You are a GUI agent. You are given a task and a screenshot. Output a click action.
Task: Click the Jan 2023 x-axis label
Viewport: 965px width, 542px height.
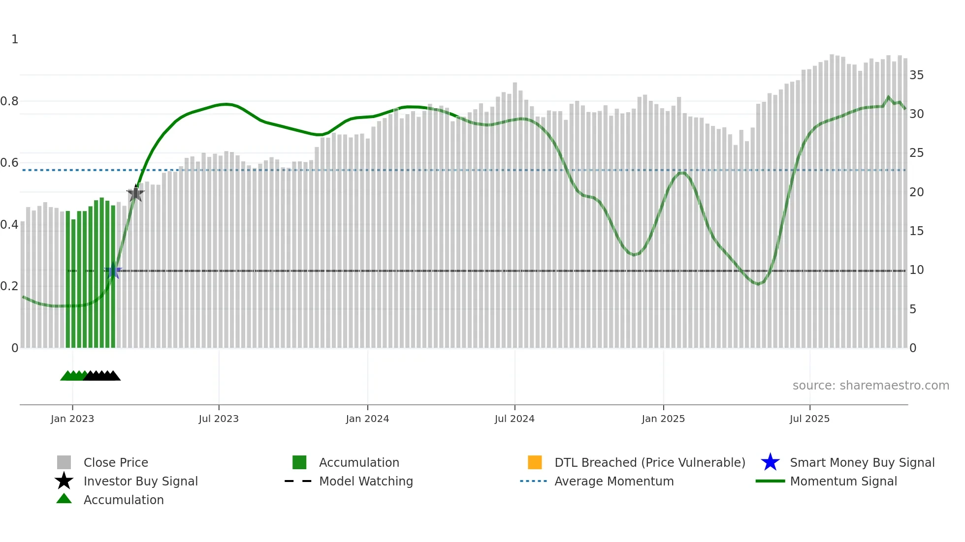click(x=72, y=419)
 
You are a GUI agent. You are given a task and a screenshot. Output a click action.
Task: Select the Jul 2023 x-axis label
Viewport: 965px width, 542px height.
click(x=219, y=419)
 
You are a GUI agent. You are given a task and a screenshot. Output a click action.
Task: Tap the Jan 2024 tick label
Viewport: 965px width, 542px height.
click(x=367, y=419)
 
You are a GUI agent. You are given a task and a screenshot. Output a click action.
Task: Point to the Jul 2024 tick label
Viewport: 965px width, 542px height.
click(x=515, y=419)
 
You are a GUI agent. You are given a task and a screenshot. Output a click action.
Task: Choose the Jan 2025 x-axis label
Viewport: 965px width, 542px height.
click(x=663, y=419)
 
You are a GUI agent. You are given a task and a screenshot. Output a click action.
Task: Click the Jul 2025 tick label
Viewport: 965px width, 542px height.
click(x=809, y=419)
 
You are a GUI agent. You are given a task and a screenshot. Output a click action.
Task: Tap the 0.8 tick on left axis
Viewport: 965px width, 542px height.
click(x=9, y=101)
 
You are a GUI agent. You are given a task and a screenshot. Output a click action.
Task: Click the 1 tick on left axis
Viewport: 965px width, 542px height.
click(x=15, y=39)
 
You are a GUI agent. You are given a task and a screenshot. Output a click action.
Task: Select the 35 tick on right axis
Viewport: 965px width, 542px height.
click(x=916, y=75)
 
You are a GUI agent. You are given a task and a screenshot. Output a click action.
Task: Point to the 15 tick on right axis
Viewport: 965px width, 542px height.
click(x=916, y=231)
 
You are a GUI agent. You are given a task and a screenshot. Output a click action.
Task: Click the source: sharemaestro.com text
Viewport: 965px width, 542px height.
click(x=870, y=386)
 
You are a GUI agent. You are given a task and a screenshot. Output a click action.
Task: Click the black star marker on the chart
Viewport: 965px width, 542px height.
click(x=135, y=193)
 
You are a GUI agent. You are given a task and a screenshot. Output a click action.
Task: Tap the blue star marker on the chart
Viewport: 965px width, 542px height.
click(x=113, y=270)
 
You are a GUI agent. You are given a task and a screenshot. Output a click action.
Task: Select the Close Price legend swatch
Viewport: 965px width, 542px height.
click(x=64, y=462)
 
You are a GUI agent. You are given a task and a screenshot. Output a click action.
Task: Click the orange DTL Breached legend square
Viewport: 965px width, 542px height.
click(x=535, y=462)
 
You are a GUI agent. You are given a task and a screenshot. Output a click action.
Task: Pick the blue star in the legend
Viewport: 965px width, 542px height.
click(x=770, y=462)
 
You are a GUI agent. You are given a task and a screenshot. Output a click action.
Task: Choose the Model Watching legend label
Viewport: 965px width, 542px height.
click(x=366, y=481)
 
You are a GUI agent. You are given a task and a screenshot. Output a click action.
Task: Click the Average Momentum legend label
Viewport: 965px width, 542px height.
click(x=614, y=481)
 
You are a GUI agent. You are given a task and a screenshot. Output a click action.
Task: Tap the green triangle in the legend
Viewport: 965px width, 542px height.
click(x=64, y=499)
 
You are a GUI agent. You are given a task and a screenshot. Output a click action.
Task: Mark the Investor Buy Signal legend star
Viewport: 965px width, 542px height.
click(x=64, y=481)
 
